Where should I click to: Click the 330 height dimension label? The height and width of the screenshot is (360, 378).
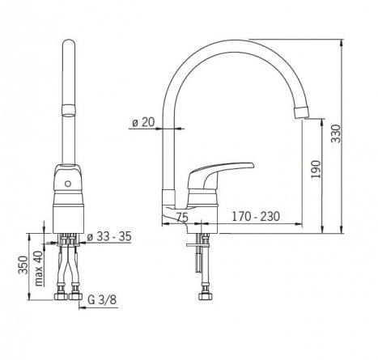coord(336,133)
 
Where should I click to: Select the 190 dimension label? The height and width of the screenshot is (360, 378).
coord(316,169)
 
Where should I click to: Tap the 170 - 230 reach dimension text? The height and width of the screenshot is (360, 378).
coord(256,216)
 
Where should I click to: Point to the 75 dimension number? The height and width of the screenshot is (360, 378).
coord(182,217)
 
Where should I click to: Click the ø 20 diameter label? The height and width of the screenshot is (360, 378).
coord(143,122)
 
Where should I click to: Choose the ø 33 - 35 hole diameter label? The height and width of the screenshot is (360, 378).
coord(109,236)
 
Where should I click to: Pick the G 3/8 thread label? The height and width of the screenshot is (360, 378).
coord(102,299)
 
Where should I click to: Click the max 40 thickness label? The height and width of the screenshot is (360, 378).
coord(39,269)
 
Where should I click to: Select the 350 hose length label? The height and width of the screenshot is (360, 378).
coord(23,265)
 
